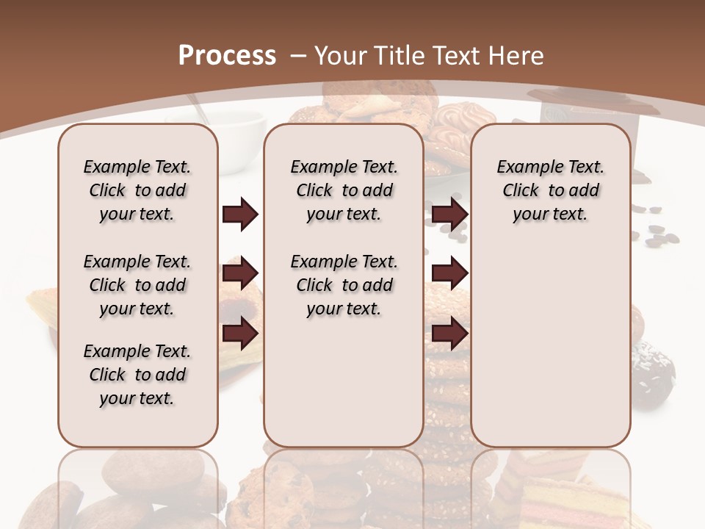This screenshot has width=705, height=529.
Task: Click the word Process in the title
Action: click(227, 55)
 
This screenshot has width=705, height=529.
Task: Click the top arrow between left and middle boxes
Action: click(240, 214)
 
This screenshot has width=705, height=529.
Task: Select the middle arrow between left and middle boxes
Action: click(240, 274)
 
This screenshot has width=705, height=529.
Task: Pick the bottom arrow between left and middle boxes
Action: click(240, 334)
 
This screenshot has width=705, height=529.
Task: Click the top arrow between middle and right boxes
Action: click(449, 214)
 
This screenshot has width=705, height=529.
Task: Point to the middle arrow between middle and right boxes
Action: click(449, 274)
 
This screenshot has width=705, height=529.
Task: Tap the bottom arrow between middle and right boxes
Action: click(449, 334)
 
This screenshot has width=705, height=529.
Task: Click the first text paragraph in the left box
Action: click(137, 190)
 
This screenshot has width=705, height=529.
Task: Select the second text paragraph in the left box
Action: click(137, 285)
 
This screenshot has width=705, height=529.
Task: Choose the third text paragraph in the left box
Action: click(137, 375)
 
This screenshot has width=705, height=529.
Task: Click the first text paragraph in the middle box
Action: click(344, 190)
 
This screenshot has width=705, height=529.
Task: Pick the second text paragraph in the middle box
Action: click(344, 285)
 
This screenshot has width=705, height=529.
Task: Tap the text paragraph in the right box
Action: click(550, 190)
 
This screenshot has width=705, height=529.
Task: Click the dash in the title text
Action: click(299, 55)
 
